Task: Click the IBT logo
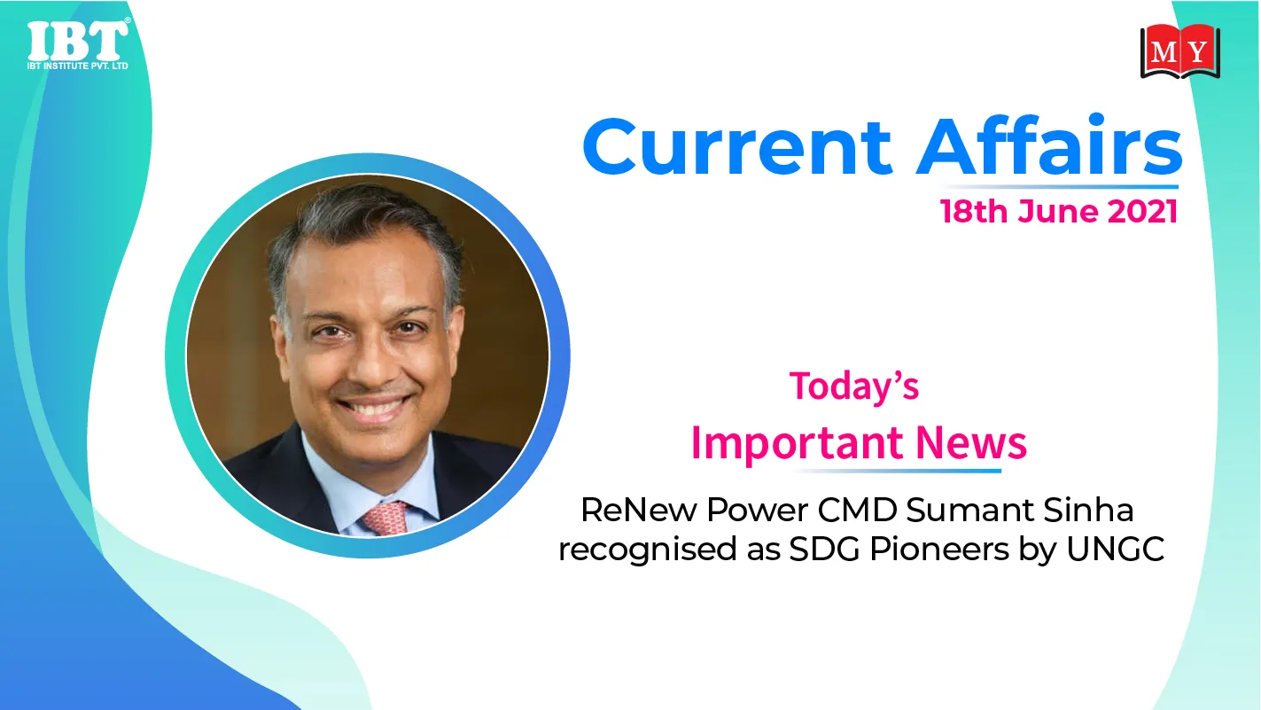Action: point(78,44)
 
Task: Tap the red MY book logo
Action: point(1180,51)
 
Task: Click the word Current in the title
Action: point(737,147)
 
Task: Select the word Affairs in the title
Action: point(1049,144)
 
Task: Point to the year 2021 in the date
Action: point(1143,212)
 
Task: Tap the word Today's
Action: point(854,386)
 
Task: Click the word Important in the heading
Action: point(798,444)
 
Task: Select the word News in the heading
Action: point(971,442)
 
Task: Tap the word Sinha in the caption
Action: point(1088,510)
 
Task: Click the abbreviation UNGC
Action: point(1115,549)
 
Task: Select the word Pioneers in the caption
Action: point(939,549)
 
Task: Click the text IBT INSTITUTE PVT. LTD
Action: point(78,66)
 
